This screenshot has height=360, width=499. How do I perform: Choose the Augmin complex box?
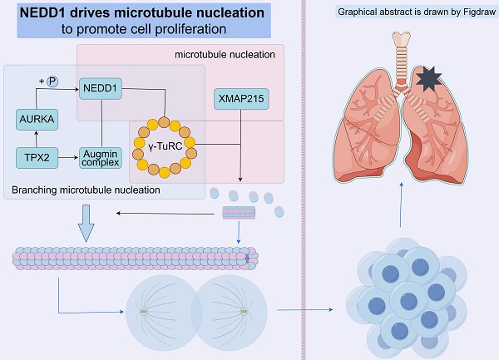[102, 156]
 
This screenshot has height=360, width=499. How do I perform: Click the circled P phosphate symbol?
[52, 81]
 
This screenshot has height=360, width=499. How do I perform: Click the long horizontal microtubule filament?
[133, 259]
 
